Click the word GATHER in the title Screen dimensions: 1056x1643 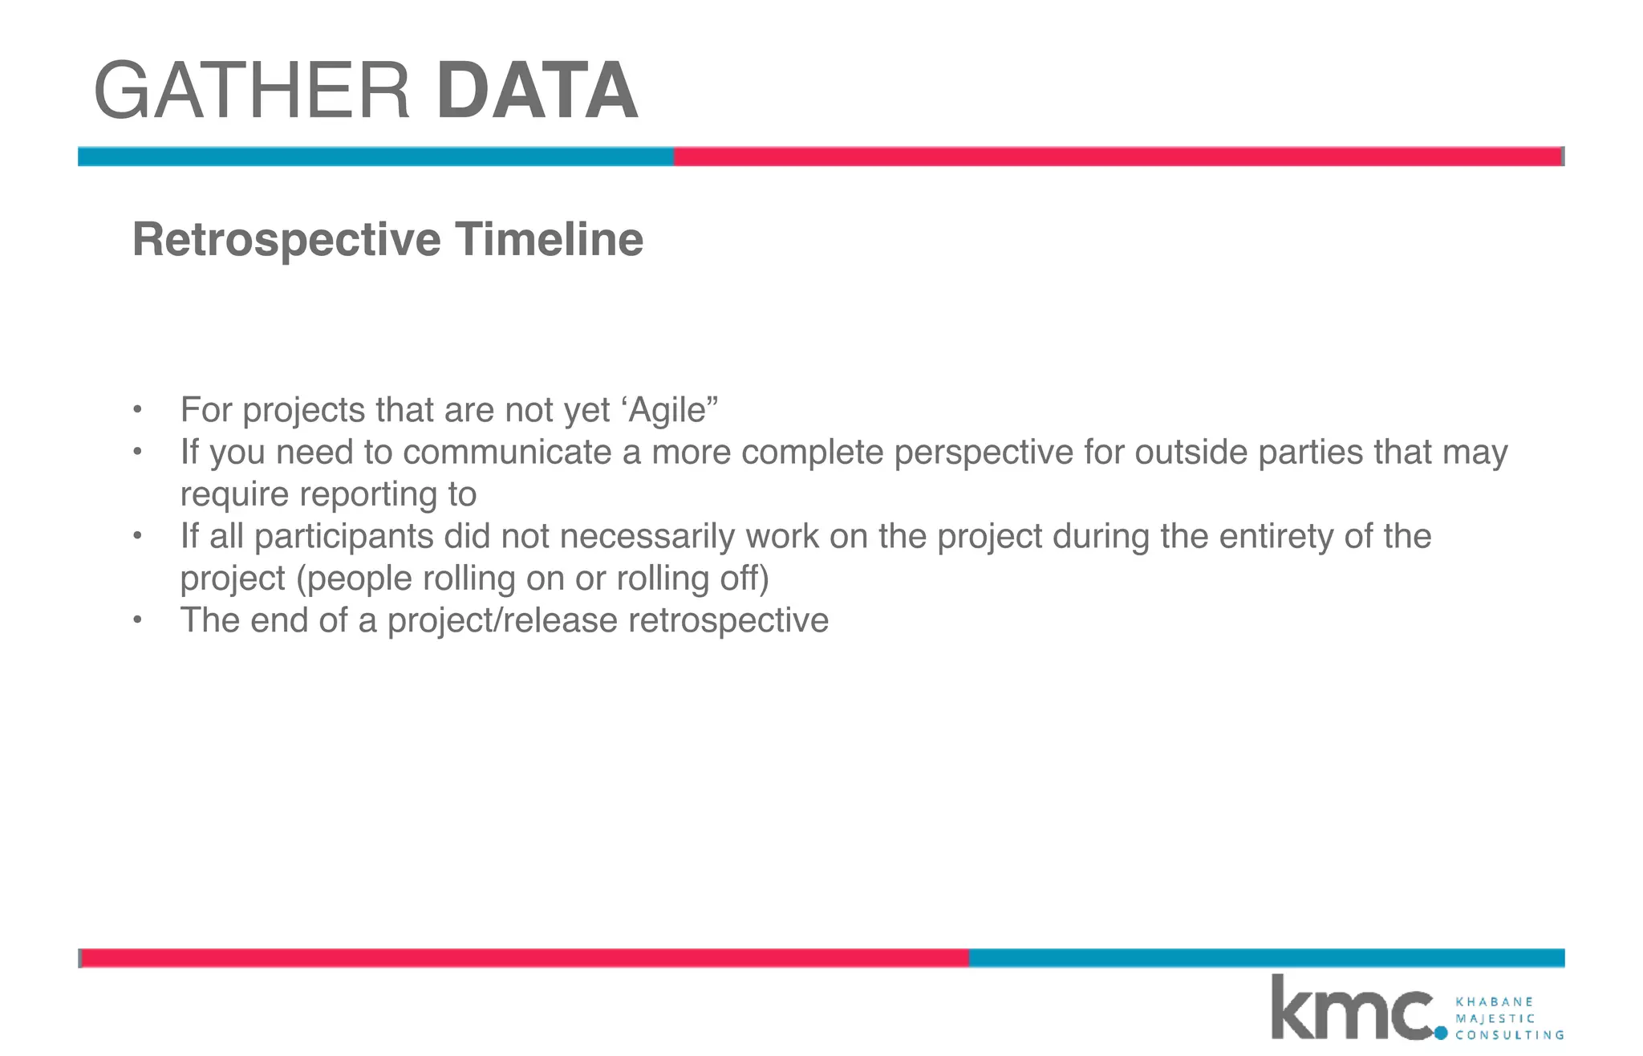pyautogui.click(x=252, y=91)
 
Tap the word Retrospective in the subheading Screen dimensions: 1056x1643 pyautogui.click(x=286, y=240)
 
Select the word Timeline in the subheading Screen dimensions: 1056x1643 pyautogui.click(x=549, y=240)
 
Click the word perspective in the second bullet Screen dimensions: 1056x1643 pyautogui.click(x=984, y=453)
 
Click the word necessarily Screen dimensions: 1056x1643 pyautogui.click(x=647, y=536)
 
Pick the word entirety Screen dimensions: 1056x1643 pyautogui.click(x=1276, y=536)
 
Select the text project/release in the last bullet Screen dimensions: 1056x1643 pyautogui.click(x=502, y=621)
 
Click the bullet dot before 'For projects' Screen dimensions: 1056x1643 pyautogui.click(x=137, y=410)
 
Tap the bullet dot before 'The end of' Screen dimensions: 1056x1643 pyautogui.click(x=137, y=620)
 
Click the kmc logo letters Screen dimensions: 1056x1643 pyautogui.click(x=1351, y=1009)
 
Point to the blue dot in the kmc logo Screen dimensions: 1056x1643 pyautogui.click(x=1441, y=1033)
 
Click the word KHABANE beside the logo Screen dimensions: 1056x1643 pyautogui.click(x=1494, y=1002)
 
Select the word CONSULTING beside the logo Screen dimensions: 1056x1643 pyautogui.click(x=1509, y=1035)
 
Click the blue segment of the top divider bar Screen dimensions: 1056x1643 pyautogui.click(x=375, y=156)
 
